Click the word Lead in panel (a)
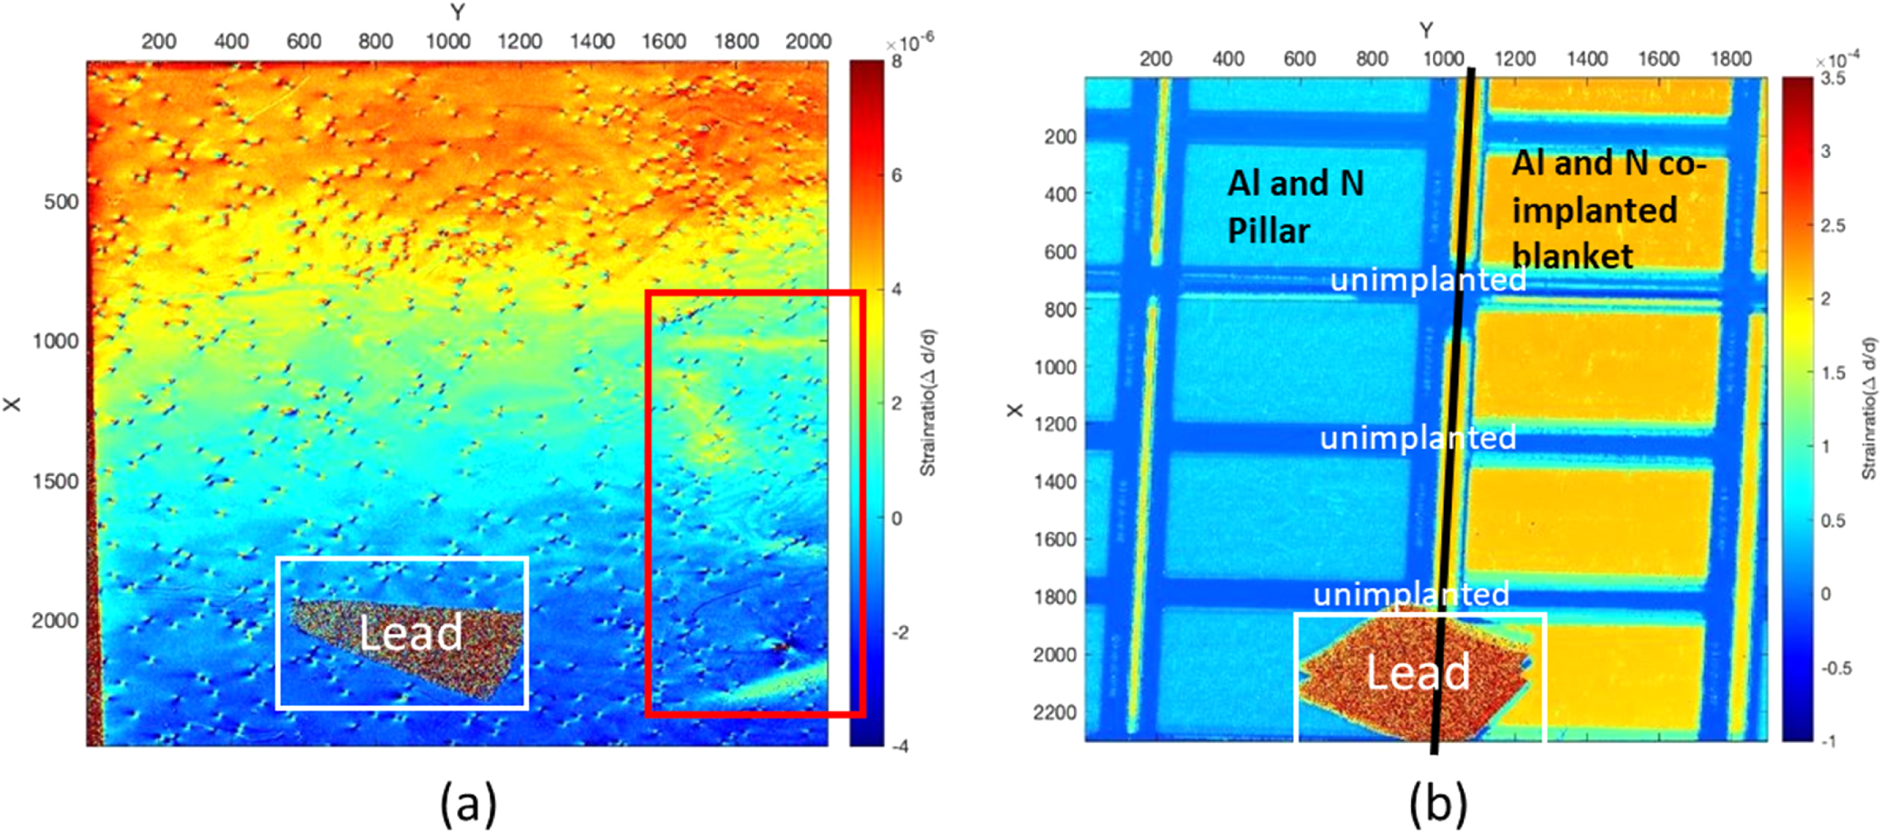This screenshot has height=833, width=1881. click(411, 633)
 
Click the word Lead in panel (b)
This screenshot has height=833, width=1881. click(1418, 672)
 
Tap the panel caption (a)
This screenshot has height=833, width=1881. click(469, 803)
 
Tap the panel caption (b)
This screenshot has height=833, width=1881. click(1438, 803)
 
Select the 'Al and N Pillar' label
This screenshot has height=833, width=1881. click(1295, 207)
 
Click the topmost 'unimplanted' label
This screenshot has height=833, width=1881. click(1428, 280)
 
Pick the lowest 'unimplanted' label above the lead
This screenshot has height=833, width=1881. click(1411, 594)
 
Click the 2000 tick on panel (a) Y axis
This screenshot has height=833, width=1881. click(808, 42)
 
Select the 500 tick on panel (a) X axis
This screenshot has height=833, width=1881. click(63, 202)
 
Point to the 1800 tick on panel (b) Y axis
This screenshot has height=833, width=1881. click(1730, 59)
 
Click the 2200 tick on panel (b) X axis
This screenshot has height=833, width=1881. click(1054, 712)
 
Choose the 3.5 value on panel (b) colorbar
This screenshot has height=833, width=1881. click(1833, 79)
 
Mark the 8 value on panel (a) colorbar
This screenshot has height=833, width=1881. click(897, 63)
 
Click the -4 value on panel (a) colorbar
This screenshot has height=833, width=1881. click(900, 747)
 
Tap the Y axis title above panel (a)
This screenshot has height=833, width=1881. click(457, 12)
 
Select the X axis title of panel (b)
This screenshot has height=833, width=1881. click(1015, 411)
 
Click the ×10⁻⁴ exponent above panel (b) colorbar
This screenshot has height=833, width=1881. click(1836, 60)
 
